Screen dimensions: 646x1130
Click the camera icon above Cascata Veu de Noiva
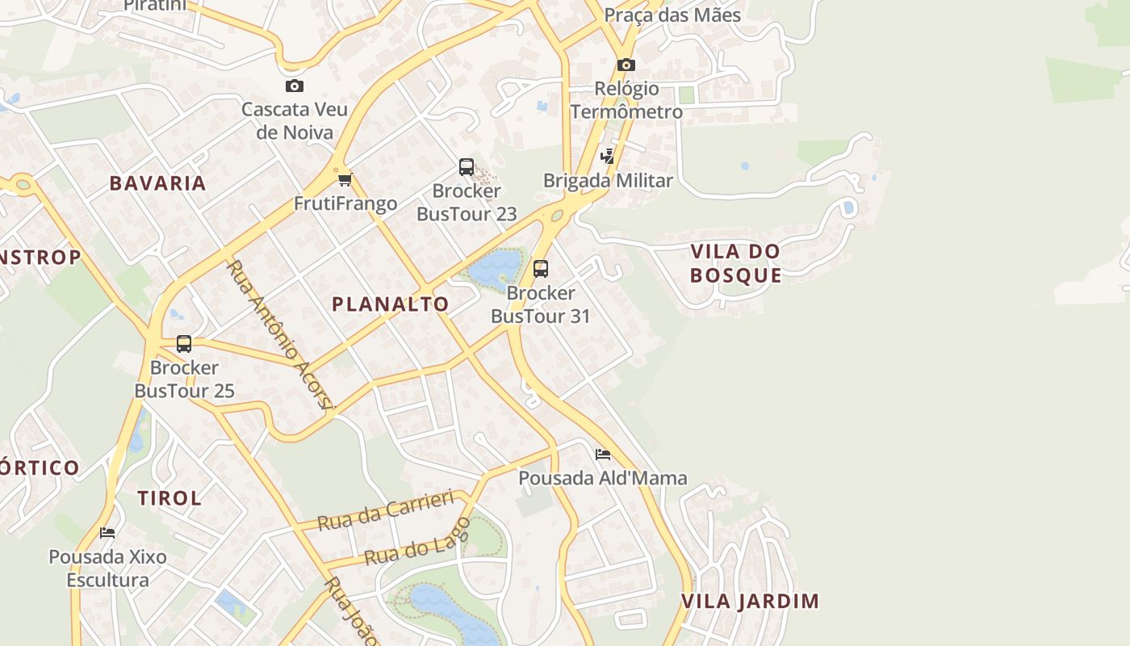coord(295,86)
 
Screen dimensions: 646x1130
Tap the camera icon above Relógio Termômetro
coord(626,65)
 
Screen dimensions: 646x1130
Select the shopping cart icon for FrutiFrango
coord(345,179)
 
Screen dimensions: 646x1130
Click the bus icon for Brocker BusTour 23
coord(467,167)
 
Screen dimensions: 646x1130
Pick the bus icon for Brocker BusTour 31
coord(541,269)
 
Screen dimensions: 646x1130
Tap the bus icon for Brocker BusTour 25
coord(184,344)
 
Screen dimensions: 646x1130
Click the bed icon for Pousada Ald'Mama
coord(603,455)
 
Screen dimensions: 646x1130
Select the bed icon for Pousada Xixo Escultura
coord(107,533)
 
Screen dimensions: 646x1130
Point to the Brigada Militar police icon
coord(607,157)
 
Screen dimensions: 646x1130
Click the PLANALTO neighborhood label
coord(391,304)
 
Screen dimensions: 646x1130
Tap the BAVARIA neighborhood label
coord(158,183)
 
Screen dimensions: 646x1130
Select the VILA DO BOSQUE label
coord(736,263)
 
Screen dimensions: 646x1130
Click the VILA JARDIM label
coord(750,602)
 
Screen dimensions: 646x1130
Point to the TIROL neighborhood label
coord(169,498)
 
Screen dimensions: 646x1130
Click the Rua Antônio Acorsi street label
coord(279,334)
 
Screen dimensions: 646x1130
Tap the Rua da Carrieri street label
coord(386,510)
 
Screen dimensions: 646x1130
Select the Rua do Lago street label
coord(416,544)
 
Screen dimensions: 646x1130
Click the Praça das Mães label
coord(672,15)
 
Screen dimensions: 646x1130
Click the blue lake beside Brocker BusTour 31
coord(494,268)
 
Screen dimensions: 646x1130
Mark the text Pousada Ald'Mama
coord(602,478)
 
